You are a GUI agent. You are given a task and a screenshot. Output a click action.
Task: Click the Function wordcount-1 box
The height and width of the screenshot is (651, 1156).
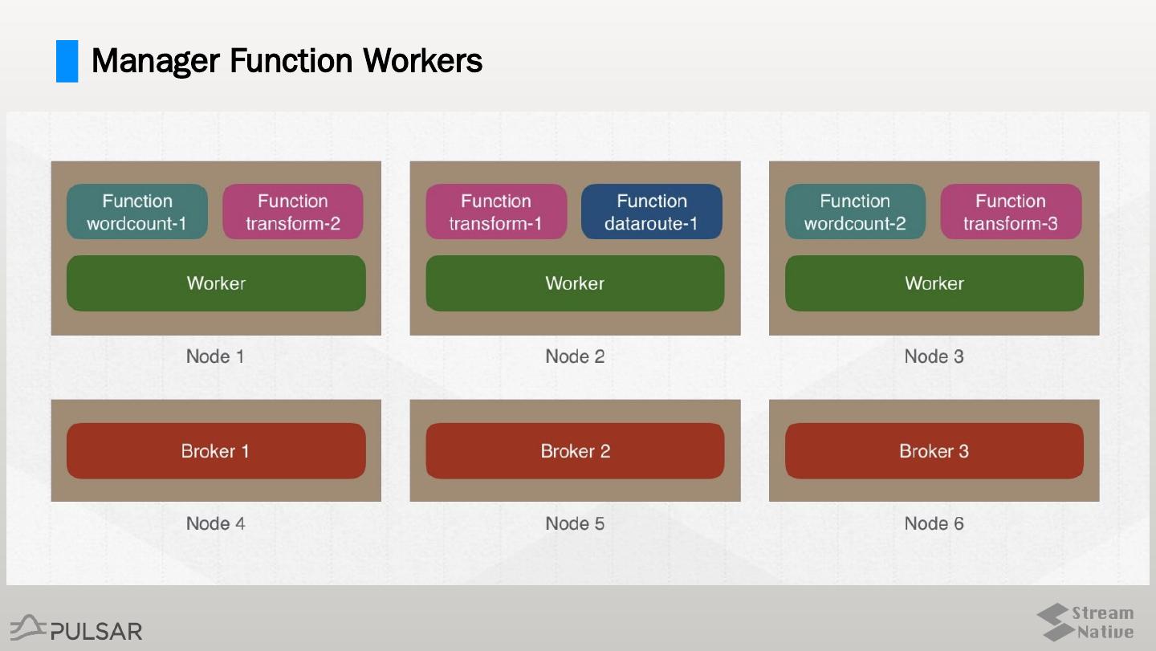pyautogui.click(x=136, y=212)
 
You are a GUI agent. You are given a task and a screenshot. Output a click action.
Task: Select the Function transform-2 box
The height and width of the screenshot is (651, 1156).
pyautogui.click(x=293, y=212)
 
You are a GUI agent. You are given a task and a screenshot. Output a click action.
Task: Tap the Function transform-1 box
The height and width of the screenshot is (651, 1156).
pyautogui.click(x=496, y=212)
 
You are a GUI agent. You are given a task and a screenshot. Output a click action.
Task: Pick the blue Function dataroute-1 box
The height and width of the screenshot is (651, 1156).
pyautogui.click(x=652, y=212)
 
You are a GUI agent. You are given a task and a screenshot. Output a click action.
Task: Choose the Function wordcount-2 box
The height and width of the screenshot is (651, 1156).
pyautogui.click(x=855, y=212)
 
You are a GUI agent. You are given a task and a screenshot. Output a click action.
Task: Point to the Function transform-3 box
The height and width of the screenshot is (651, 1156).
pyautogui.click(x=1011, y=212)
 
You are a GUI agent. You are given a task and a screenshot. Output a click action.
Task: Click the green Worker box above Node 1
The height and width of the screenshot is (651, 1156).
pyautogui.click(x=216, y=283)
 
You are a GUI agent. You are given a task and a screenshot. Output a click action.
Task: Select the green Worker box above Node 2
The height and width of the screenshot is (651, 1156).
pyautogui.click(x=575, y=283)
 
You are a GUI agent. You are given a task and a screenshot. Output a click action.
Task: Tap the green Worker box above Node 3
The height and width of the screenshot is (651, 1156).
pyautogui.click(x=934, y=283)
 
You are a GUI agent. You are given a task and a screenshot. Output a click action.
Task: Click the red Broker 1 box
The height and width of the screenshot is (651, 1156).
pyautogui.click(x=216, y=451)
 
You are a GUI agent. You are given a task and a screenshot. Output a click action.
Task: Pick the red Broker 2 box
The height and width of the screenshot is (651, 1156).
pyautogui.click(x=575, y=451)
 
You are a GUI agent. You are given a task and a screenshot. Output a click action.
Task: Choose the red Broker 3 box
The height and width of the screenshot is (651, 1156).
pyautogui.click(x=934, y=451)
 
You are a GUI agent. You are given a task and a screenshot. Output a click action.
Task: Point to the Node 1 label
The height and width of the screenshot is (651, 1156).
pyautogui.click(x=215, y=356)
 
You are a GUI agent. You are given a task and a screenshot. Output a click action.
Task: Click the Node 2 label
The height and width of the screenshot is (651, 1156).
pyautogui.click(x=575, y=356)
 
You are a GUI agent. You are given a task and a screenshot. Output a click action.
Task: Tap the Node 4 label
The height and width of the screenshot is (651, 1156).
pyautogui.click(x=215, y=523)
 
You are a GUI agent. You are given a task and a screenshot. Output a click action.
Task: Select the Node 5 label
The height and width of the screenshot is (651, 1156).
pyautogui.click(x=575, y=523)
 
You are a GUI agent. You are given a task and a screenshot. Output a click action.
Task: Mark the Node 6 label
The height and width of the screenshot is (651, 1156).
pyautogui.click(x=934, y=523)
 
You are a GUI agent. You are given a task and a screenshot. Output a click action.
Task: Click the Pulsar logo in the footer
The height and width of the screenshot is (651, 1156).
pyautogui.click(x=76, y=629)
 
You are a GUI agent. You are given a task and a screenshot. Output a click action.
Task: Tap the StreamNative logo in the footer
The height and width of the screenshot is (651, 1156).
pyautogui.click(x=1085, y=623)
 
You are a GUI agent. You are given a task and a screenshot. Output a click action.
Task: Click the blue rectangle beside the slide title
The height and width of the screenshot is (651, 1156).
pyautogui.click(x=67, y=61)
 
